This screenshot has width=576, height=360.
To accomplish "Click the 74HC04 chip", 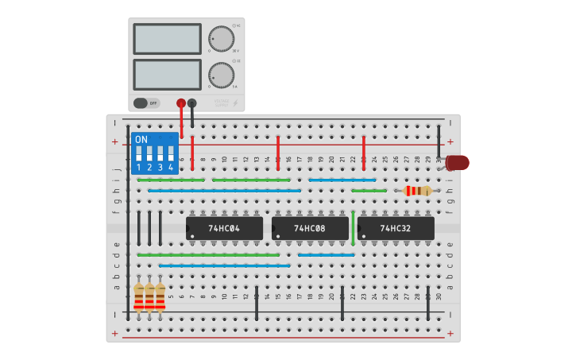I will pyautogui.click(x=224, y=228).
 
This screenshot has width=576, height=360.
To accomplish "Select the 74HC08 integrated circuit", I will pyautogui.click(x=310, y=228).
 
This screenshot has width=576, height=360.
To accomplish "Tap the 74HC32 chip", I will pyautogui.click(x=396, y=228).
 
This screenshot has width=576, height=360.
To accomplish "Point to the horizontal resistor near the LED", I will pyautogui.click(x=416, y=191).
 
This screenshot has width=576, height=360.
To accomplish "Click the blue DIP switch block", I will pyautogui.click(x=154, y=153).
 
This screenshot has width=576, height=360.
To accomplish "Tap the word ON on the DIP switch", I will pyautogui.click(x=141, y=140).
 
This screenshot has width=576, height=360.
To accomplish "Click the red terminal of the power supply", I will pyautogui.click(x=181, y=103).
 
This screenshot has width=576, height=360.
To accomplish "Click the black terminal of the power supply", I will pyautogui.click(x=191, y=103).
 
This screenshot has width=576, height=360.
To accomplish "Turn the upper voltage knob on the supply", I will pyautogui.click(x=221, y=39).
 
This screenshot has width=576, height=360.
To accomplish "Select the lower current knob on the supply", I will pyautogui.click(x=221, y=75).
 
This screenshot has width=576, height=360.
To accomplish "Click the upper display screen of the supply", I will pyautogui.click(x=167, y=39).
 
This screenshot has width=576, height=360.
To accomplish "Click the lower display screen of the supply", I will pyautogui.click(x=167, y=75).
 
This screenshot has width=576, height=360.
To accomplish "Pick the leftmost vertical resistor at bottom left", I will pyautogui.click(x=138, y=297).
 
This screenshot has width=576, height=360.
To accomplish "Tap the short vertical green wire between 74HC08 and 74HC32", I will pyautogui.click(x=353, y=226).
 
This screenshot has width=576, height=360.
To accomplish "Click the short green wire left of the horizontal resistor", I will pyautogui.click(x=369, y=191).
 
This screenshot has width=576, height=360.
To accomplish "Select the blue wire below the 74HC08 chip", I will pyautogui.click(x=326, y=255).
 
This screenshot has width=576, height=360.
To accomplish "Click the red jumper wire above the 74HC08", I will pyautogui.click(x=278, y=153).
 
